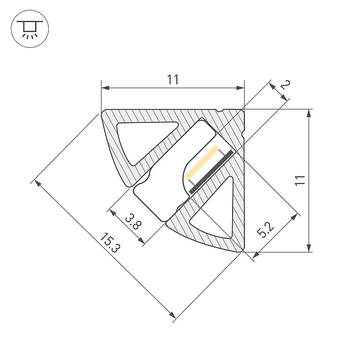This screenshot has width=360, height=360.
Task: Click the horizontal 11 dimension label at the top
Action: (173, 80)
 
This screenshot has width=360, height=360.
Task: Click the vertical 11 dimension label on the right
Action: (300, 180)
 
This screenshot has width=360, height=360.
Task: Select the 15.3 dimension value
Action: (110, 243)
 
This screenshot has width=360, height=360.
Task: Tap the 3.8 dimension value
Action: (133, 221)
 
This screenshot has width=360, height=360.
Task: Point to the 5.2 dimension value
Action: (265, 230)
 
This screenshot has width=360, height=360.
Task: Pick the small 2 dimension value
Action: (285, 85)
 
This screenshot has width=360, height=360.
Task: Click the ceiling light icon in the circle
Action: (30, 29)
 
